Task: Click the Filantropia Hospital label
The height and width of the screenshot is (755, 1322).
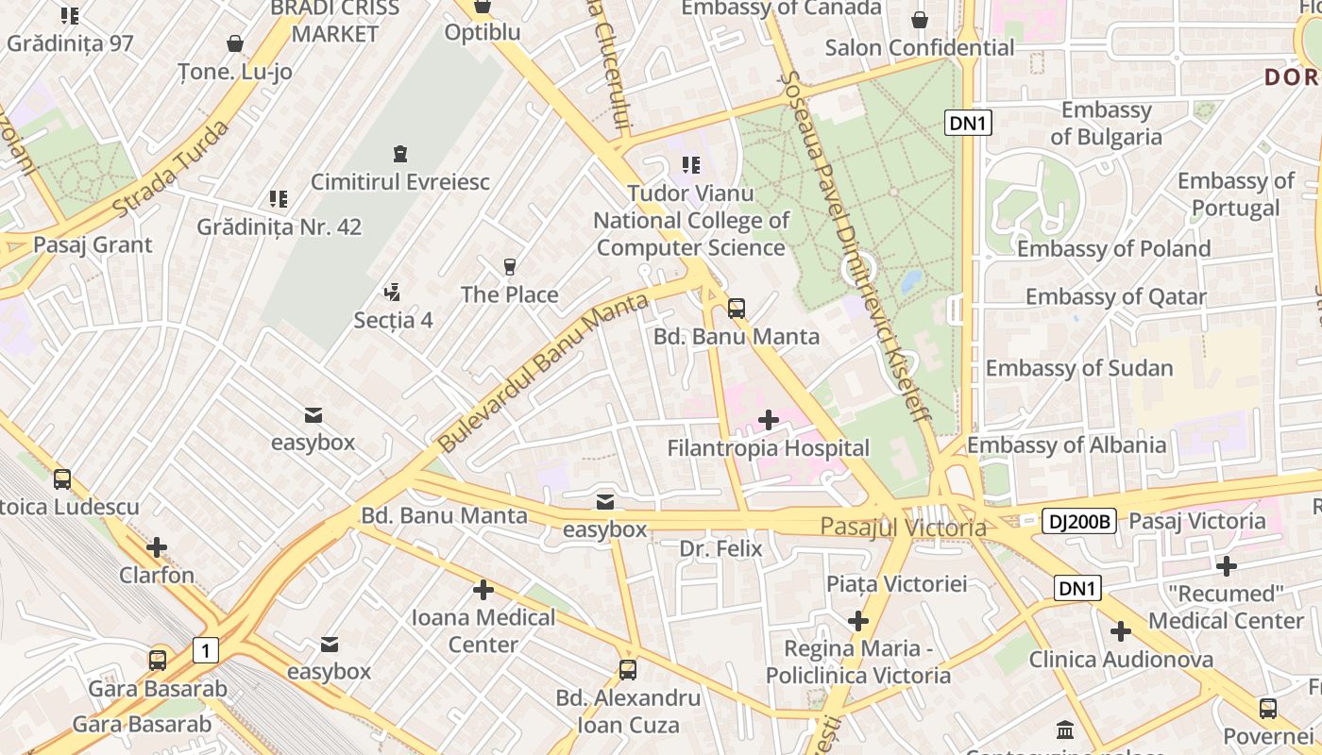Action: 768,448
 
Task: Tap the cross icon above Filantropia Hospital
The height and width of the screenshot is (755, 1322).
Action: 769,419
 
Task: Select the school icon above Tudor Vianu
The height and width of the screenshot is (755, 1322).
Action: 691,166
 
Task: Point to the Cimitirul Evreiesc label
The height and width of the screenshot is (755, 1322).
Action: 400,182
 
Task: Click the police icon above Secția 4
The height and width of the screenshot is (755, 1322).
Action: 392,292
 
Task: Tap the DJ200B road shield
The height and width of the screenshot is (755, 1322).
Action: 1079,521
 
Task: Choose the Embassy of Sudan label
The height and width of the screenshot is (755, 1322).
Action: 1079,368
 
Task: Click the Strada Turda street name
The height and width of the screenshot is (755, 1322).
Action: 171,168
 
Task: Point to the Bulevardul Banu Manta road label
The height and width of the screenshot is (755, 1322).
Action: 544,372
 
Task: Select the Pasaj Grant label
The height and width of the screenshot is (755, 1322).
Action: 93,245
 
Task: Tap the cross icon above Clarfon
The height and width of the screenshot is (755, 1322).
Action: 157,546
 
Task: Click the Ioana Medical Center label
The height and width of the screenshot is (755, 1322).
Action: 483,630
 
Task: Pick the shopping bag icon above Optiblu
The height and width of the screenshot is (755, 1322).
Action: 483,7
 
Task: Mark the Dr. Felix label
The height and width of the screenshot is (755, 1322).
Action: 720,548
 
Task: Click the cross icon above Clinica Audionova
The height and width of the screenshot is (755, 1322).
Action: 1121,631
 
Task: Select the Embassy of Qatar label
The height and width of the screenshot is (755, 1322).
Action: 1116,297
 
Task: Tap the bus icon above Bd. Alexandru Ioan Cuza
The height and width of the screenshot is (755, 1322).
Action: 627,670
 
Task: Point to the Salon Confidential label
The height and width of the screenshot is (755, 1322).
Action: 920,48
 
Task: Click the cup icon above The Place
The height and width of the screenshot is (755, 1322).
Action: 510,267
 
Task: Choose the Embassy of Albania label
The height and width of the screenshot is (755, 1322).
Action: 1066,445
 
